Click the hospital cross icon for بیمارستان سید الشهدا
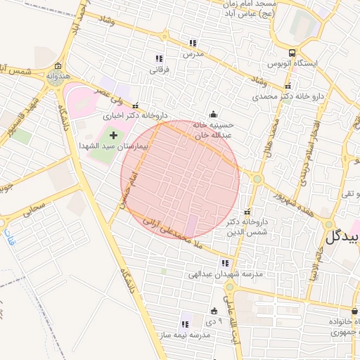tap(113, 134)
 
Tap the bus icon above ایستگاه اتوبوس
tap(292, 53)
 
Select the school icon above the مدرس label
tap(193, 43)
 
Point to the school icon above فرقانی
tap(159, 58)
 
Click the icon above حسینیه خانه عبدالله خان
tap(213, 115)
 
